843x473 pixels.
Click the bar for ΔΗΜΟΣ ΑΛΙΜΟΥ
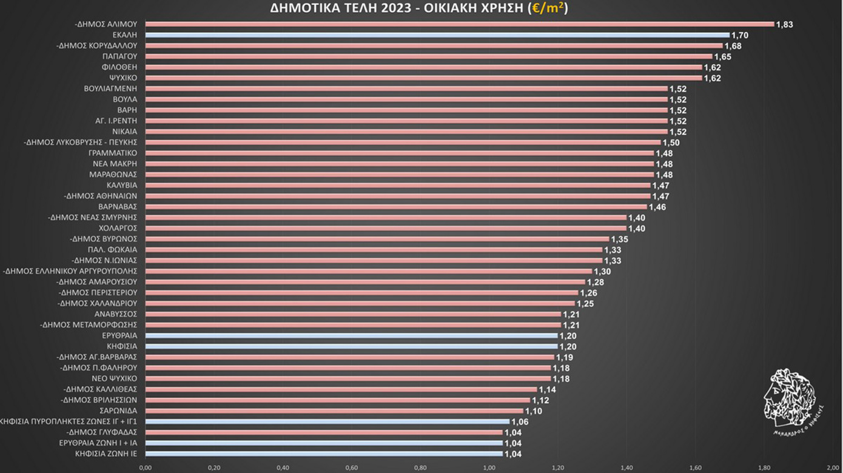(459, 24)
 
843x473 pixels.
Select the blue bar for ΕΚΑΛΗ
(437, 35)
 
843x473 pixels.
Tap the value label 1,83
(784, 25)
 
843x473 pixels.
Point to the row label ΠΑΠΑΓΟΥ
(119, 56)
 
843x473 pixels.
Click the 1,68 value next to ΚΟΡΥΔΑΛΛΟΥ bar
(733, 46)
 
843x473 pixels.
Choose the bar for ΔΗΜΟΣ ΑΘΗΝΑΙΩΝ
(397, 196)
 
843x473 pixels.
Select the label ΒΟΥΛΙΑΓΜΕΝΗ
(110, 89)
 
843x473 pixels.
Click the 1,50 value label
(671, 143)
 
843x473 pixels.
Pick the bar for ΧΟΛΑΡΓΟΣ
(386, 228)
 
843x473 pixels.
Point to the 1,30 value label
(602, 272)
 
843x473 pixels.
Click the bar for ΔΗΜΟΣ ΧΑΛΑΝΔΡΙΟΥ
(360, 303)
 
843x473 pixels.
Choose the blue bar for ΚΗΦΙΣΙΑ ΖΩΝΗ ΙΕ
(324, 454)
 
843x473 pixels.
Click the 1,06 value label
(520, 422)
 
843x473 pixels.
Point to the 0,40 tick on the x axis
(283, 468)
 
